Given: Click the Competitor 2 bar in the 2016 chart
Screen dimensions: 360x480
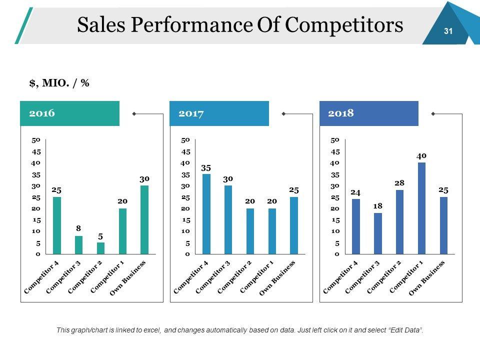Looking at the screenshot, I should coord(100,248).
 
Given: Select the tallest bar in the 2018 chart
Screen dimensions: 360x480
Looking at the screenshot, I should coord(421,208).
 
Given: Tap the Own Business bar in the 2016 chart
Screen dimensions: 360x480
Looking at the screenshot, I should coord(144,219).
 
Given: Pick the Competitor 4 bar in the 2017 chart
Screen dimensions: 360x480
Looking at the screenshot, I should coord(206,214).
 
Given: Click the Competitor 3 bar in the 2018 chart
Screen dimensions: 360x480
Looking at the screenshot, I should coord(377,233).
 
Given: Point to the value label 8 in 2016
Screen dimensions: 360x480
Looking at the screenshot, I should coord(78,228).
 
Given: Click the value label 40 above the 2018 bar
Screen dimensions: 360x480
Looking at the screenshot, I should coord(421,156).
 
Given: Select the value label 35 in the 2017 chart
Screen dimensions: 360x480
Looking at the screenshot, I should coord(206,168).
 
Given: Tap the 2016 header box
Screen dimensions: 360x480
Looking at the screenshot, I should coord(69,113).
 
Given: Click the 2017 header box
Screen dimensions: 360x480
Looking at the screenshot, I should coord(219,113).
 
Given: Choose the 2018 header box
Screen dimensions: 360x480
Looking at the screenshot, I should coord(368,113).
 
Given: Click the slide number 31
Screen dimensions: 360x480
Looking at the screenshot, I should coord(448,31).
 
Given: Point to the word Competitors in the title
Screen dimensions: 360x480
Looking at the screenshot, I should coord(344,25).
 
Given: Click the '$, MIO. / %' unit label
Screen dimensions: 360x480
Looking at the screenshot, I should coord(59,83).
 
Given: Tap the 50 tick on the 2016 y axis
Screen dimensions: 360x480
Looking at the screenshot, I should coord(36,140).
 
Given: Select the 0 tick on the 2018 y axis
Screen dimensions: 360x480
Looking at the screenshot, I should coord(337,254).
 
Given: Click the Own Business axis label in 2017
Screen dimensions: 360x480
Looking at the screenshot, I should coord(277,278).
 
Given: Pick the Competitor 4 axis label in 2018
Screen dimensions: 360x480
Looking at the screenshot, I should coord(341,277).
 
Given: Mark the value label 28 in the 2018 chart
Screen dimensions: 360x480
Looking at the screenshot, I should coord(399,183).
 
